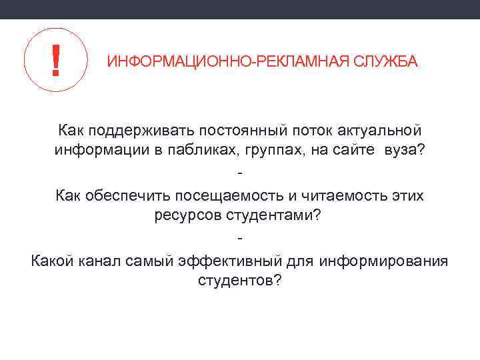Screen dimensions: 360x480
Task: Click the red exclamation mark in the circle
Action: (56, 59)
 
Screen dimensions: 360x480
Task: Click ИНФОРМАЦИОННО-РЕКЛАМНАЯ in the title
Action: (221, 63)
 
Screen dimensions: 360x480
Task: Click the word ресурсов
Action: (185, 216)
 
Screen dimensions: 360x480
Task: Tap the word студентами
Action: (273, 216)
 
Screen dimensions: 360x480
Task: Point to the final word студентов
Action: (240, 281)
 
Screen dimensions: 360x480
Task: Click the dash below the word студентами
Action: (240, 237)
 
